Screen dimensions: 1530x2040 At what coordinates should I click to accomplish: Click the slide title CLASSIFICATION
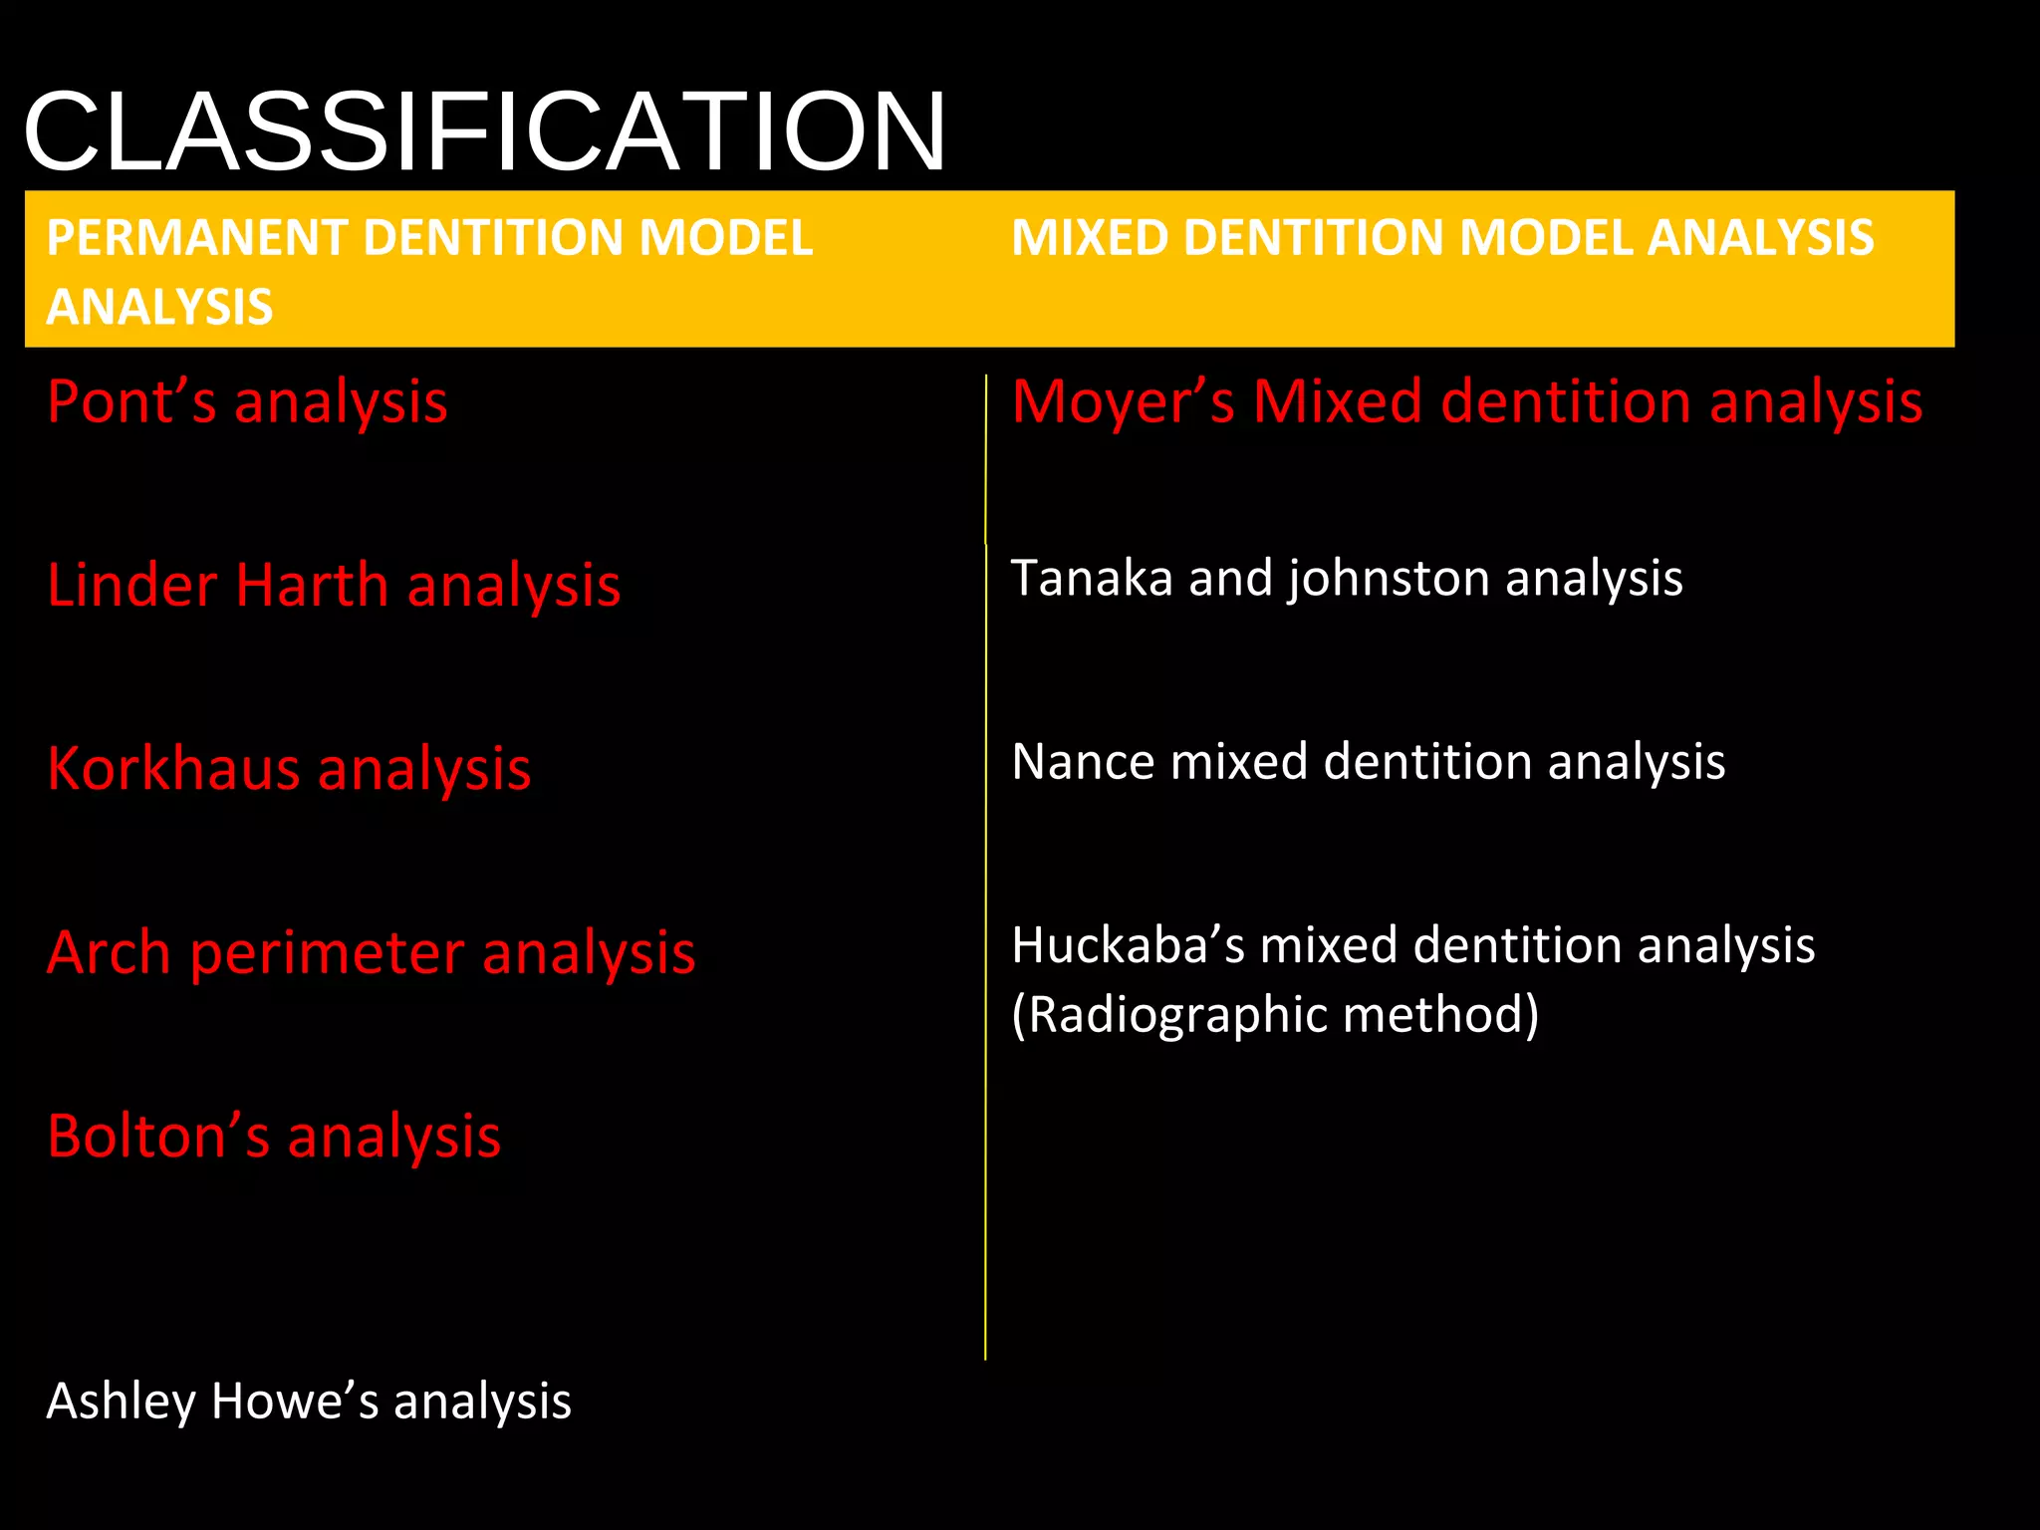tap(484, 131)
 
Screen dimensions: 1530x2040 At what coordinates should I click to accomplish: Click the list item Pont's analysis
tap(247, 402)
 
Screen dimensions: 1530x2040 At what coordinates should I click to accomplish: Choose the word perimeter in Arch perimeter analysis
tap(327, 953)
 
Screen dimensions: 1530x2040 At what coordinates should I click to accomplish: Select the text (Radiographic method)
tap(1275, 1015)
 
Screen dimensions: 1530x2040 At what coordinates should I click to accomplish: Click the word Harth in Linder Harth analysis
tap(312, 585)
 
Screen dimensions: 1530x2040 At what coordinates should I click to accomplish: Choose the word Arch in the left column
tap(109, 953)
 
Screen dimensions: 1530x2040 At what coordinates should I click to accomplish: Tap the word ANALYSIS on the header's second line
tap(159, 307)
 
